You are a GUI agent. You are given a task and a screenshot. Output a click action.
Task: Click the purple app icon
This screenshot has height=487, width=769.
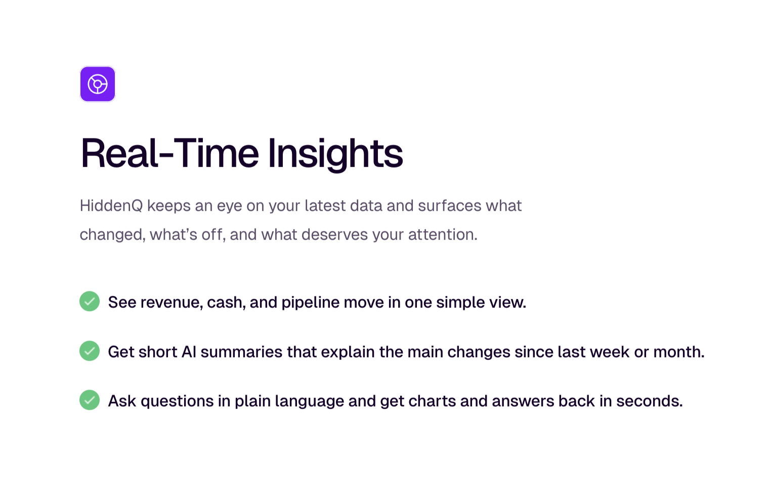coord(98,84)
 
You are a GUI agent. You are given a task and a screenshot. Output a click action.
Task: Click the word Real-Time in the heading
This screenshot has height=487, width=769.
coord(169,153)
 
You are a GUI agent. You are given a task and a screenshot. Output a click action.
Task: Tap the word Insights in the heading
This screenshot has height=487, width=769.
coord(335,154)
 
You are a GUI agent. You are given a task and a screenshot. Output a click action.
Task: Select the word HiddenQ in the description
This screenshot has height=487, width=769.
coord(111,206)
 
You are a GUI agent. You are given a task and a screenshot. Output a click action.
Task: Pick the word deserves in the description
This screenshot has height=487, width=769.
coord(335,234)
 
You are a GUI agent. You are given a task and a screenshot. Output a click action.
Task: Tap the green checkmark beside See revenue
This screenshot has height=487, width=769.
coord(90,301)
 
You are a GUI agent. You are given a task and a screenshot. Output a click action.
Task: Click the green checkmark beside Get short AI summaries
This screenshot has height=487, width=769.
coord(90,351)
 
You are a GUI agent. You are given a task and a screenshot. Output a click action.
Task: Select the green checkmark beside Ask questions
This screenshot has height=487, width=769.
coord(90,400)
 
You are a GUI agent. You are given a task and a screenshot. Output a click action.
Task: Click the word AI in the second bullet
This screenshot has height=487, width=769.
coord(189,352)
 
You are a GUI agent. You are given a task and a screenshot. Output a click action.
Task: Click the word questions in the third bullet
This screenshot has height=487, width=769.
coord(177,401)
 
